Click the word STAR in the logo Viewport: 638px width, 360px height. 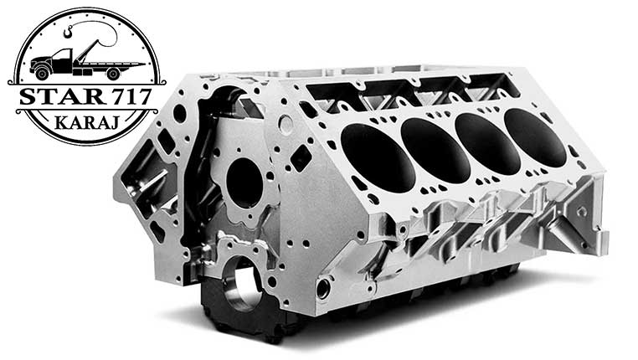pyautogui.click(x=62, y=96)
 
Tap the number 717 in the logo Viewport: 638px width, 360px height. pyautogui.click(x=131, y=96)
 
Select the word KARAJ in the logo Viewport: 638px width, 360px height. pyautogui.click(x=87, y=122)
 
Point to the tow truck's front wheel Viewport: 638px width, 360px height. pyautogui.click(x=42, y=73)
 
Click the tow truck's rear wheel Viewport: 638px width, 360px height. pyautogui.click(x=114, y=74)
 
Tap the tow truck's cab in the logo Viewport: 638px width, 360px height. pyautogui.click(x=61, y=61)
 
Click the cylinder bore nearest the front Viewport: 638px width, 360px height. pyautogui.click(x=378, y=158)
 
